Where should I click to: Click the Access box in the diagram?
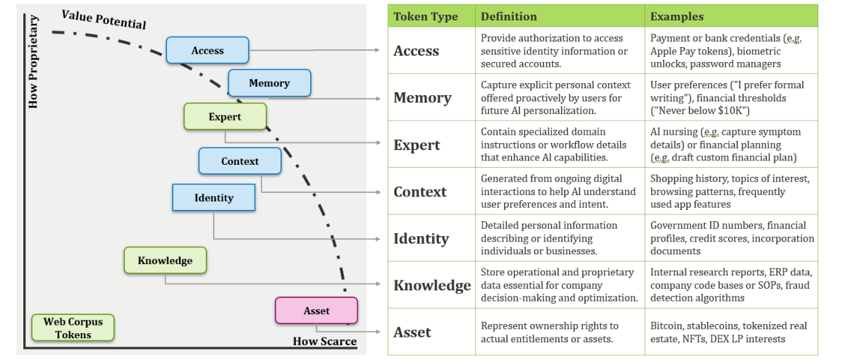click(x=207, y=50)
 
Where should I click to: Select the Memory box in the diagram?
click(x=269, y=82)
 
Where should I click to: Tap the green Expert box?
click(x=225, y=116)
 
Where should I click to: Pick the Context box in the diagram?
click(x=240, y=161)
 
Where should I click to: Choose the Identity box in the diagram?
click(x=214, y=197)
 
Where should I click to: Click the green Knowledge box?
click(x=165, y=261)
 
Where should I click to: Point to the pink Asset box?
click(x=316, y=311)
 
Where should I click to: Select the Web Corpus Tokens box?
click(x=73, y=328)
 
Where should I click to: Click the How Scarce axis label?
click(x=325, y=341)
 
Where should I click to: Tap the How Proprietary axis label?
click(x=33, y=61)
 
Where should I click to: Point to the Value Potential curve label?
click(x=104, y=20)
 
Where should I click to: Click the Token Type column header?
click(x=426, y=16)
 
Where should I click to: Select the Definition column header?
click(x=509, y=16)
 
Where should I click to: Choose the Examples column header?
click(x=677, y=16)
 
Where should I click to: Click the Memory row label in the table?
click(x=422, y=98)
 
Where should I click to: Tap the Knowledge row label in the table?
click(x=432, y=285)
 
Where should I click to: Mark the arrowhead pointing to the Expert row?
click(x=378, y=143)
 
